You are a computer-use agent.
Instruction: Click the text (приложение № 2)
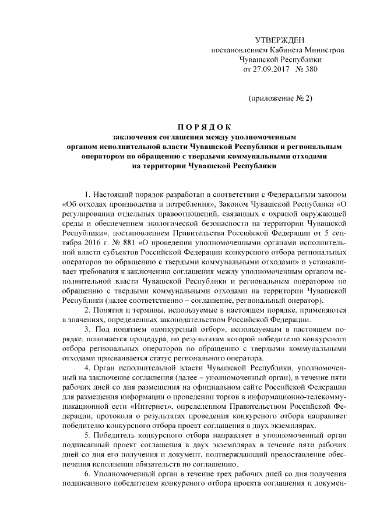tap(280, 98)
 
